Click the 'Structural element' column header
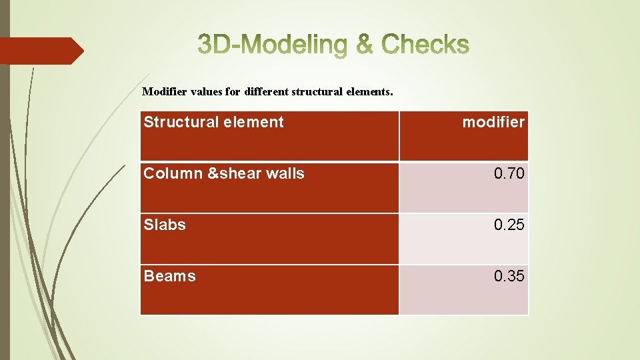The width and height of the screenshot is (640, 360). tap(213, 122)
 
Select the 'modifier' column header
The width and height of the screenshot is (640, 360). tap(493, 122)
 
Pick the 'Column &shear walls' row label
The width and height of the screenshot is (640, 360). tap(224, 173)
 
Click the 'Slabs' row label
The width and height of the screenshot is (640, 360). tap(165, 225)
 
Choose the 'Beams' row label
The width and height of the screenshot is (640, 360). tap(169, 276)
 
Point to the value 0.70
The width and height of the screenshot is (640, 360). tap(509, 174)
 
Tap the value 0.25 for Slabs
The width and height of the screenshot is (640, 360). tap(509, 225)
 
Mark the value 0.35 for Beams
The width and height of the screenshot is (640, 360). tap(509, 277)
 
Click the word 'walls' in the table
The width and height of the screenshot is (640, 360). tap(285, 173)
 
